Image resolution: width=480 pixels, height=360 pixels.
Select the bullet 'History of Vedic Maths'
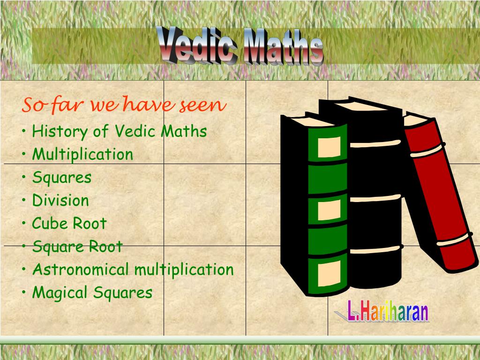[119, 131]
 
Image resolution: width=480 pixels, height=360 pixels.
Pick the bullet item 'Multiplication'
[82, 154]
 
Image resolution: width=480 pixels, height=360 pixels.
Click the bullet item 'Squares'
[61, 178]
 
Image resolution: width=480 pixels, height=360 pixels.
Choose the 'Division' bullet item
[60, 201]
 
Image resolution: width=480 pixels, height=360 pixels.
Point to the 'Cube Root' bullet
[69, 224]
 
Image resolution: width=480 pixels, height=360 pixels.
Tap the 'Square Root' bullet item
[77, 247]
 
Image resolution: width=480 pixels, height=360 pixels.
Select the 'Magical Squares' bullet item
[92, 293]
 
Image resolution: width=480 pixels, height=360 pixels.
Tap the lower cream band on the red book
[452, 239]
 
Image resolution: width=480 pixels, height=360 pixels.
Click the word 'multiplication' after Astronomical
[184, 270]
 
